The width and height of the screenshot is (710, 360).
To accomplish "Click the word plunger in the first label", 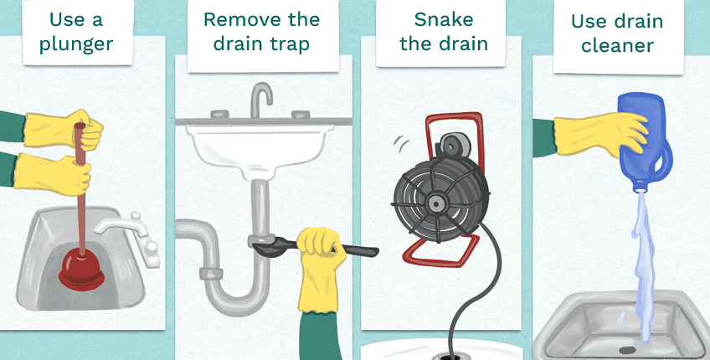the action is coord(76,45).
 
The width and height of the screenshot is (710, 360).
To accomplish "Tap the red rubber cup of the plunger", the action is coord(81,270).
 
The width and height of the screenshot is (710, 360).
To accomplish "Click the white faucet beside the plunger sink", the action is coord(131,235).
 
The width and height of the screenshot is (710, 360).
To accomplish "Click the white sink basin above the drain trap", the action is coord(260,149).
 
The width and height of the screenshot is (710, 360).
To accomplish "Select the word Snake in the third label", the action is coord(443,20).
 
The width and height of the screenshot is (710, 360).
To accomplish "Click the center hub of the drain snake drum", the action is coord(436,203).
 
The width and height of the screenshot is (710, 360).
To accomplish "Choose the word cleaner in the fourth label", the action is coord(617,46).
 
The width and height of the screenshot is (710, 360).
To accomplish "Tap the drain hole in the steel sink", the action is coord(626,350).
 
